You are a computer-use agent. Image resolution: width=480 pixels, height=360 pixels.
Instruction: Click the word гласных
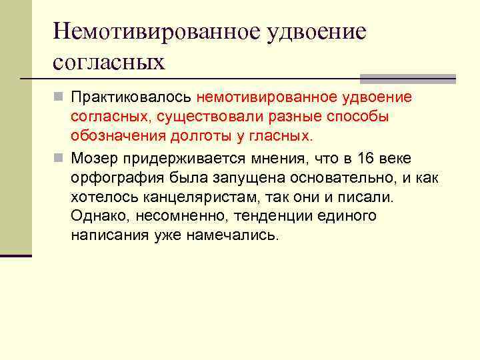pyautogui.click(x=281, y=137)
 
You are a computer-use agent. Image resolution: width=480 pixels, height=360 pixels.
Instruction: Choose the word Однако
pyautogui.click(x=94, y=217)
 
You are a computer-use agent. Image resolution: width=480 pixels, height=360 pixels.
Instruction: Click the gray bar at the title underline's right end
pyautogui.click(x=407, y=78)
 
